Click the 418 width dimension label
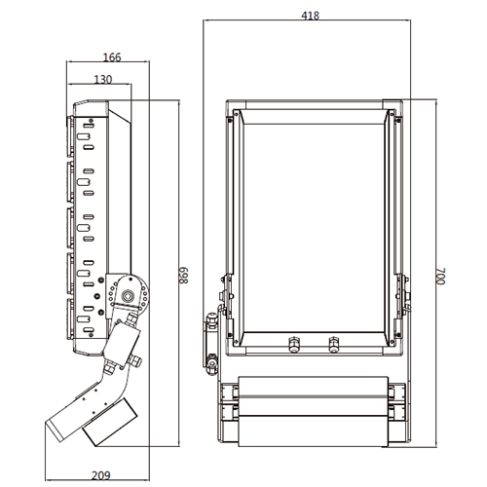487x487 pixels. click(x=310, y=16)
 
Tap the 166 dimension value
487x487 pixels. click(x=112, y=57)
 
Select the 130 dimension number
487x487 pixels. click(x=103, y=80)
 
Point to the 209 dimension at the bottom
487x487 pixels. click(x=101, y=475)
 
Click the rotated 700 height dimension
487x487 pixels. click(x=440, y=277)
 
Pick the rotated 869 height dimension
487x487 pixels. click(x=184, y=276)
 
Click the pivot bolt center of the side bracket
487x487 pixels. click(x=128, y=296)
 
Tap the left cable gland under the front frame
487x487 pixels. click(x=294, y=344)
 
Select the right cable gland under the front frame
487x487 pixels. click(x=334, y=344)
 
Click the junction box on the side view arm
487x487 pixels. click(x=122, y=343)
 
